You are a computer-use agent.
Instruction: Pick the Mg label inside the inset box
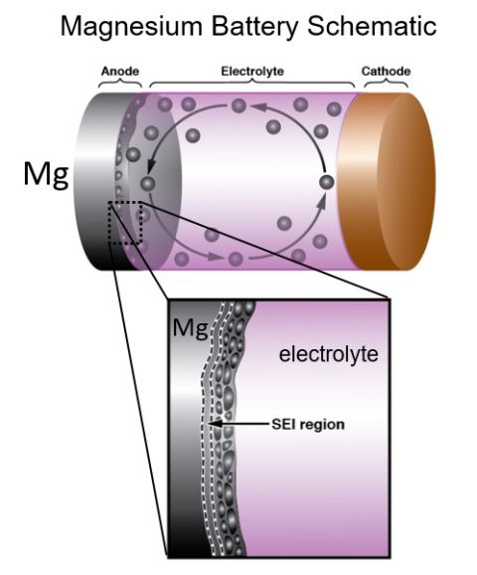(x=187, y=328)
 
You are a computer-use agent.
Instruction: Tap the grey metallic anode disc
(x=94, y=179)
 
